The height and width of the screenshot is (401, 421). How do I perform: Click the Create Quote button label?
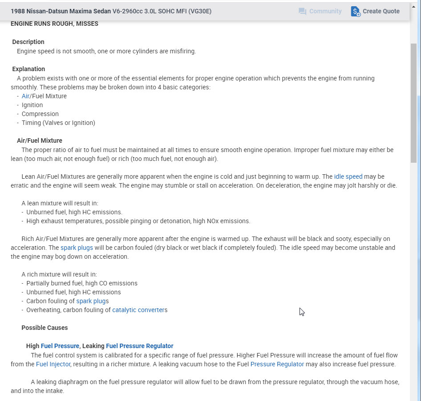coord(381,11)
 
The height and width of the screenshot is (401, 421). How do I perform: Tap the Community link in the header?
coord(325,11)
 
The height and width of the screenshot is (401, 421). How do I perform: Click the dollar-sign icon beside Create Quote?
coord(356,12)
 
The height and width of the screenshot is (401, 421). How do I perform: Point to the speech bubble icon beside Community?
coord(303,12)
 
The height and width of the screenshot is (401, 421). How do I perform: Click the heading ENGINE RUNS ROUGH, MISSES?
coord(54,24)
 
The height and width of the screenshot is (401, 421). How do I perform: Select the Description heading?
coord(28,42)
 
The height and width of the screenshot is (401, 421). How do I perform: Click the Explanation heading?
coord(28,69)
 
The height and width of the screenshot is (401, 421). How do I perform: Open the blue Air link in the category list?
coord(25,96)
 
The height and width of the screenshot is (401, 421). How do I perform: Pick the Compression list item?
coord(40,114)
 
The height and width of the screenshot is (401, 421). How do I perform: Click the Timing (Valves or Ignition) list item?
coord(58,123)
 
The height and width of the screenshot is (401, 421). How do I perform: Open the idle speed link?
coord(348,176)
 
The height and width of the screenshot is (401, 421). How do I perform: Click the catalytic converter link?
coord(138,310)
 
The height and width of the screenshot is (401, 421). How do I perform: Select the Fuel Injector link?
coord(53,364)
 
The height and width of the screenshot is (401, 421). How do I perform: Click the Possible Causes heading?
coord(45,328)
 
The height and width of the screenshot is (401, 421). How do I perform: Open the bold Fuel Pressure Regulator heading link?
coord(139,346)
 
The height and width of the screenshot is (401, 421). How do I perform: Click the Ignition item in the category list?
coord(32,105)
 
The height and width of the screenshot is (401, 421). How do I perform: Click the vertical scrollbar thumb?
coord(413,102)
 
